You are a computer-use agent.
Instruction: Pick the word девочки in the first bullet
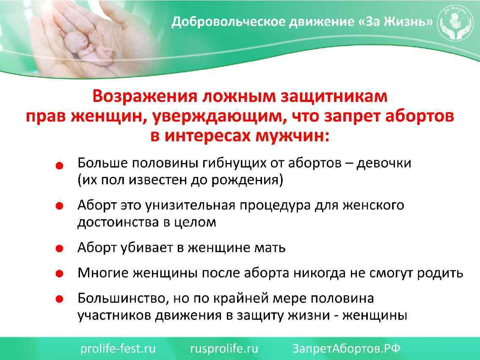click(384, 163)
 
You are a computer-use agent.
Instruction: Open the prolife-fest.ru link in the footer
click(118, 349)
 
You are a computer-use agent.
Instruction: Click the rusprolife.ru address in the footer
click(224, 349)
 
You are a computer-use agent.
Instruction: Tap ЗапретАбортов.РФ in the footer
click(347, 349)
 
